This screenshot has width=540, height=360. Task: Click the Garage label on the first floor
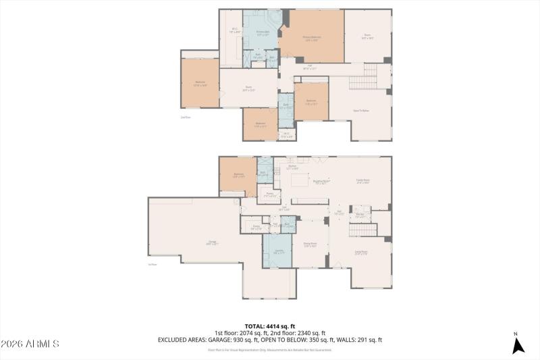(212, 242)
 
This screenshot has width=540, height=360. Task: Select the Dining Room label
(310, 245)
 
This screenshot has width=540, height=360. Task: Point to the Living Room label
(360, 253)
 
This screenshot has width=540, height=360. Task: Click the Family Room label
(362, 181)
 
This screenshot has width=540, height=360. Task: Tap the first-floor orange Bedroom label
(238, 176)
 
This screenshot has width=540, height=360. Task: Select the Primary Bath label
(263, 33)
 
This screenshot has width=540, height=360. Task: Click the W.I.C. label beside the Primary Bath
(234, 30)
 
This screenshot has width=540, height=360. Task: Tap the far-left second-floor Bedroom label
(200, 83)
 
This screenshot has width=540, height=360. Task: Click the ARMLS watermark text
(30, 344)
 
